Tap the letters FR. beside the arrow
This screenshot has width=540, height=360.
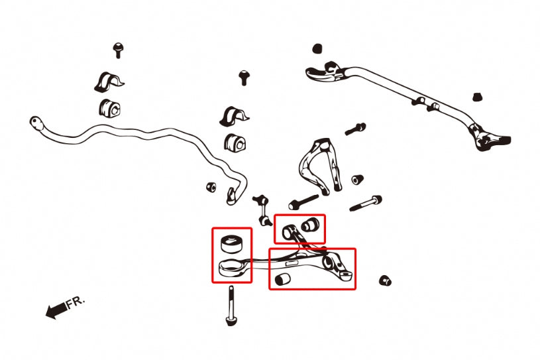[x=75, y=302]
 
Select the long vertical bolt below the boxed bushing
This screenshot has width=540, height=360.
[x=231, y=306]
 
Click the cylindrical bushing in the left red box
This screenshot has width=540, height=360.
[x=231, y=244]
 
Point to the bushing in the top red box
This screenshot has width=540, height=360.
[x=310, y=225]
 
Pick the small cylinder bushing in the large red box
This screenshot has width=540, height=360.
[x=283, y=278]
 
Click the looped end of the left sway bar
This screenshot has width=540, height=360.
[x=36, y=123]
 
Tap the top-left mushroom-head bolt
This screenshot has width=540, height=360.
[x=118, y=50]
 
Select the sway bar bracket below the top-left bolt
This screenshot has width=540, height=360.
[x=108, y=83]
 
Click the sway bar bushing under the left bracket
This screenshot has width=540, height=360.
[x=109, y=108]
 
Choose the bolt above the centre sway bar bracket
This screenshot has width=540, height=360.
[x=244, y=78]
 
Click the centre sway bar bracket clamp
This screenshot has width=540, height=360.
[x=234, y=117]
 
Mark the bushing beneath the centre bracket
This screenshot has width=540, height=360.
[x=235, y=143]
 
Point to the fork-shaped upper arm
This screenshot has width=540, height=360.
[x=320, y=164]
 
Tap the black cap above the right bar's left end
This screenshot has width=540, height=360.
[x=317, y=48]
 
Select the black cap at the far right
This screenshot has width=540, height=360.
[x=477, y=97]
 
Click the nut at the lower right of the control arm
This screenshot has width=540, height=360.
[x=385, y=280]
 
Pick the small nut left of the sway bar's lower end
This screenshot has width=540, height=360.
[x=211, y=187]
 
